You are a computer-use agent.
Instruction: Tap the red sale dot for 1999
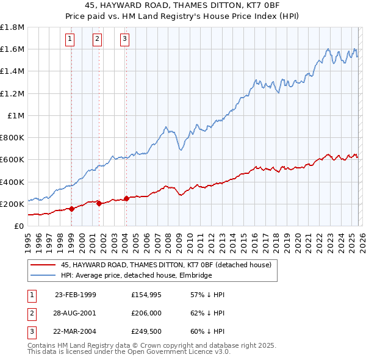point(72,209)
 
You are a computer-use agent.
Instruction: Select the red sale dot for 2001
point(99,203)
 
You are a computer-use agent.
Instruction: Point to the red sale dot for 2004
point(126,198)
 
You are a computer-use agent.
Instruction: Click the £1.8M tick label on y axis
point(12,27)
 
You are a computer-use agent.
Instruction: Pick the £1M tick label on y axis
point(16,115)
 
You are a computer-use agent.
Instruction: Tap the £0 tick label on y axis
point(19,226)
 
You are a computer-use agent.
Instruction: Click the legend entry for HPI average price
point(136,276)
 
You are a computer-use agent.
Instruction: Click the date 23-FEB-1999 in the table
point(75,295)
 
